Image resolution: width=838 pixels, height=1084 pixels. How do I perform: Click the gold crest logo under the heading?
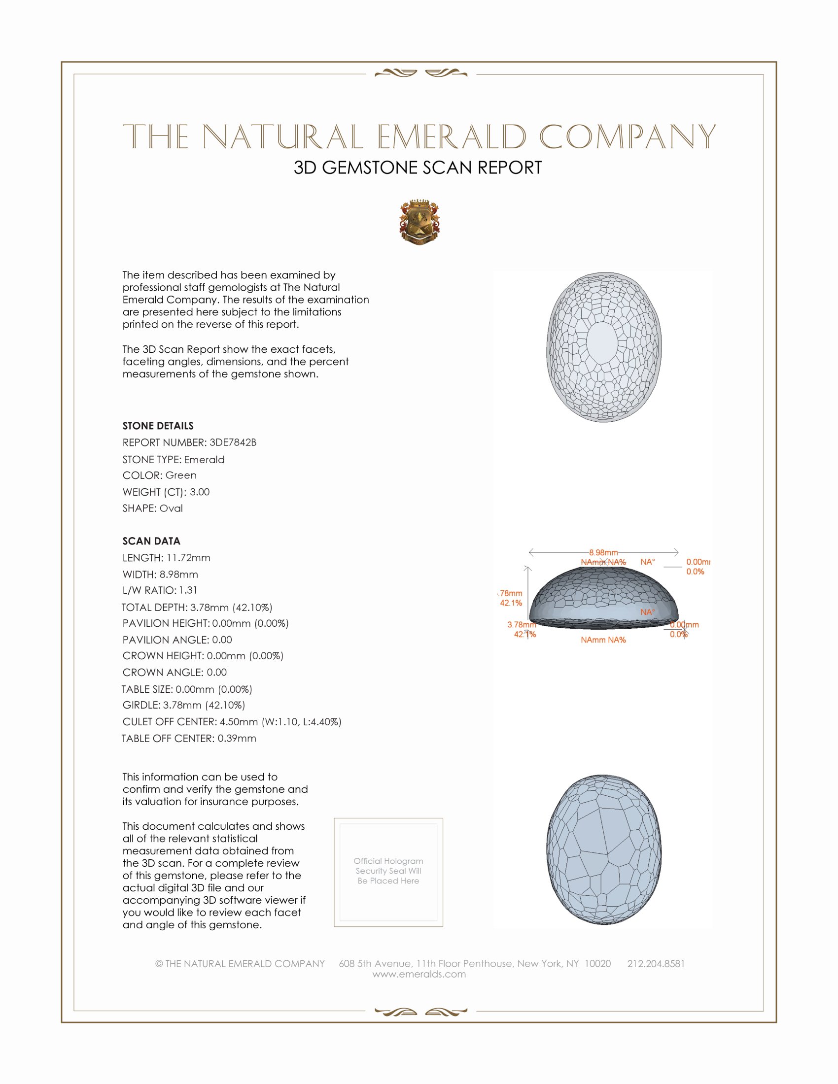pyautogui.click(x=419, y=222)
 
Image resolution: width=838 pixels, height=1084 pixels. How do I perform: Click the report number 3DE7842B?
pyautogui.click(x=233, y=442)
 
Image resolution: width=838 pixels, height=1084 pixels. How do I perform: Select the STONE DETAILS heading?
pyautogui.click(x=158, y=426)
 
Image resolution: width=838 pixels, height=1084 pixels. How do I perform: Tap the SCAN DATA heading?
pyautogui.click(x=151, y=541)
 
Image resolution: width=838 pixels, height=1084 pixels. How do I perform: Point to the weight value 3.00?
pyautogui.click(x=200, y=492)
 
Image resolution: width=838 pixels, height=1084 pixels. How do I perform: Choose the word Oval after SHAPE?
pyautogui.click(x=171, y=508)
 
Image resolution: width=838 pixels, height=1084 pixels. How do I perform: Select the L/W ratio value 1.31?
pyautogui.click(x=188, y=590)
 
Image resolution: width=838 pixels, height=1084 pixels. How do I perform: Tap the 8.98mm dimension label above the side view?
pyautogui.click(x=603, y=552)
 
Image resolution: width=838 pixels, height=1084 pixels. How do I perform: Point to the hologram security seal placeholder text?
pyautogui.click(x=388, y=871)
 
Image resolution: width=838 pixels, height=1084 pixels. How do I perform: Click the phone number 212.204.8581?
pyautogui.click(x=656, y=964)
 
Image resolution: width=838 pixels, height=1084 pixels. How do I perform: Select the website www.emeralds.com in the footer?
pyautogui.click(x=419, y=974)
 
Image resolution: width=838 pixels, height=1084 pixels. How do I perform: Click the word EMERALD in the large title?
pyautogui.click(x=451, y=137)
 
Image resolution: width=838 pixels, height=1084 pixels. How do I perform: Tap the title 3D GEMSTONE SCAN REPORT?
pyautogui.click(x=418, y=168)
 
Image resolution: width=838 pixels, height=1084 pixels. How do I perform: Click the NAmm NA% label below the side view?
pyautogui.click(x=603, y=640)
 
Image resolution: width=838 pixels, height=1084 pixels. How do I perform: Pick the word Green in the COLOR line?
pyautogui.click(x=181, y=475)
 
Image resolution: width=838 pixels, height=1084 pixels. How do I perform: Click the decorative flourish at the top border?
pyautogui.click(x=420, y=73)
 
